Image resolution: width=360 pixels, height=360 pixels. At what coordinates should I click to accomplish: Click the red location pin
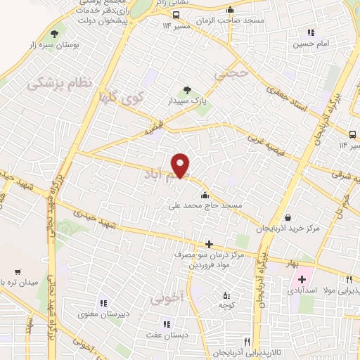tap(181, 165)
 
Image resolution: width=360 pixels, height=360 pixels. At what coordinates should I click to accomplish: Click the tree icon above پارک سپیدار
tap(186, 89)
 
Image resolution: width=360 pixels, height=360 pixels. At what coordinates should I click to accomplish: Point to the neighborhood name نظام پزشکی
tap(60, 84)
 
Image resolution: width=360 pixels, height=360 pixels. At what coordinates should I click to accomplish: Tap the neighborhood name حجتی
tap(231, 72)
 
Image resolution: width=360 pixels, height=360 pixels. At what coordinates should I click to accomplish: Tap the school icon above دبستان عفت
tap(167, 323)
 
